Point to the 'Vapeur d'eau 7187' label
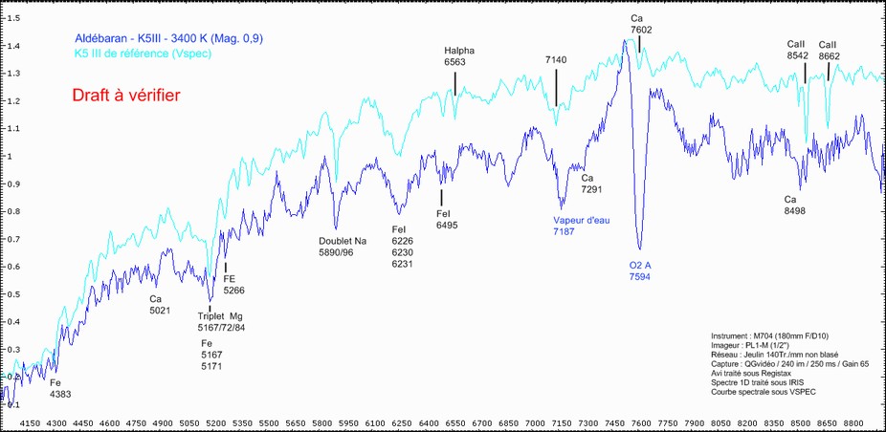click(x=581, y=226)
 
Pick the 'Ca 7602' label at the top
click(x=640, y=24)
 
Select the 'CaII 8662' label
click(x=829, y=51)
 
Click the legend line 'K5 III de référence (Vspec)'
click(x=143, y=54)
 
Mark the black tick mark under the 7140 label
click(x=556, y=92)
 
